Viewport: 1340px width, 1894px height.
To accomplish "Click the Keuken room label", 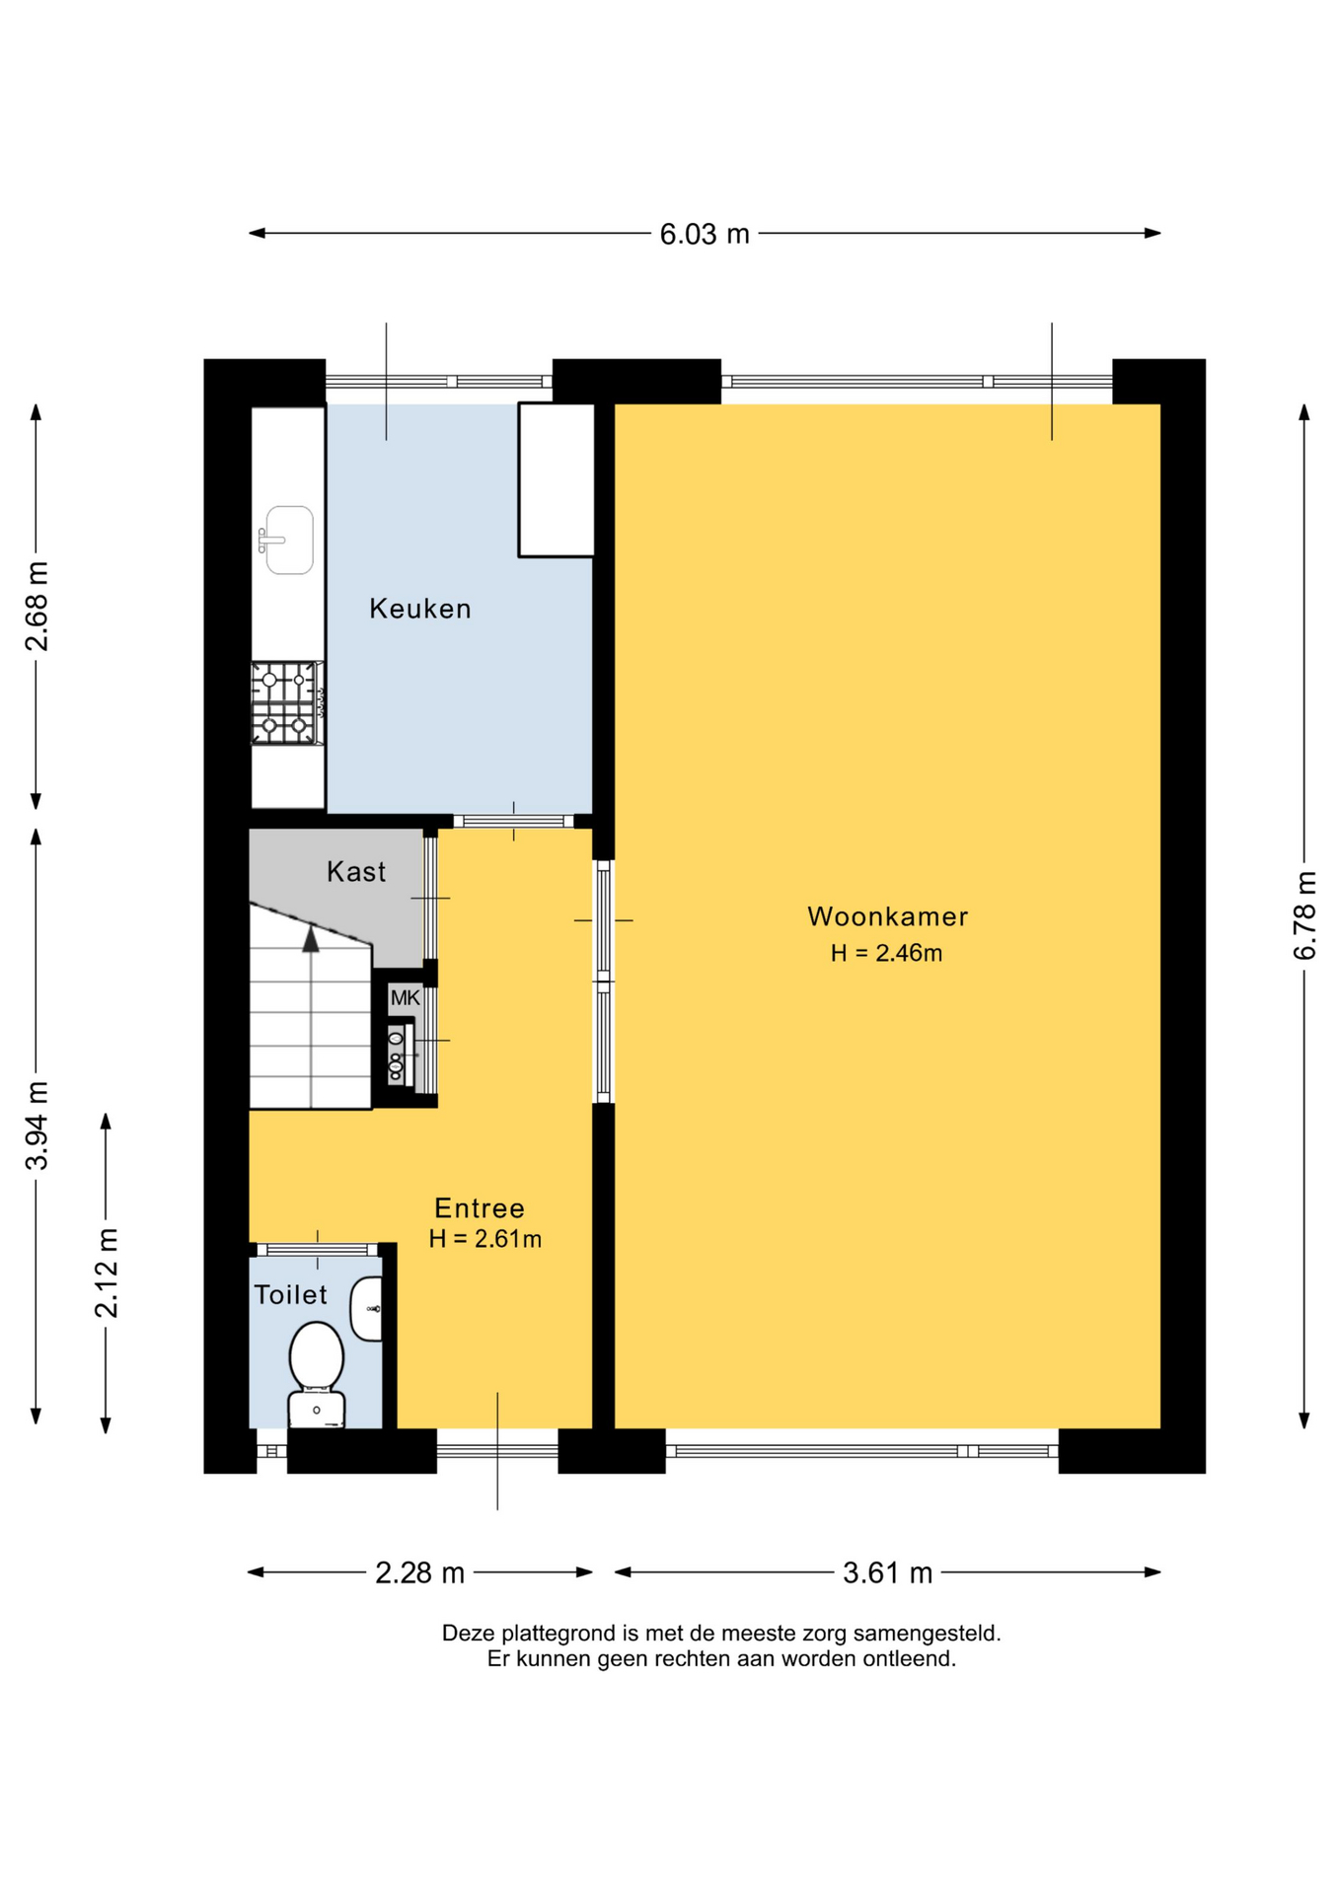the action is [420, 609].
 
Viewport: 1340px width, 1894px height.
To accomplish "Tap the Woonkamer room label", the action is [888, 916].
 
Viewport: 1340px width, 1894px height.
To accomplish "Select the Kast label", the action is [356, 872].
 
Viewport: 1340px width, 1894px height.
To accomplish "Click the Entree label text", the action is [480, 1208].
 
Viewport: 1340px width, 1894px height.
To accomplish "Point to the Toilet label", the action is [290, 1295].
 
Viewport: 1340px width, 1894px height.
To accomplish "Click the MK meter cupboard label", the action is [406, 998].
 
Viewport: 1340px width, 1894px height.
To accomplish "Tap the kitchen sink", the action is [287, 540].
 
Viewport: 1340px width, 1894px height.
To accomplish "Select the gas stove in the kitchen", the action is [287, 702].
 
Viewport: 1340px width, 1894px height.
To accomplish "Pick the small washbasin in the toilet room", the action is [367, 1309].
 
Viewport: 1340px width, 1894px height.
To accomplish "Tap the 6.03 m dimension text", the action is [705, 235].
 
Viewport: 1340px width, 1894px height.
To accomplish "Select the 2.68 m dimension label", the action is [37, 606].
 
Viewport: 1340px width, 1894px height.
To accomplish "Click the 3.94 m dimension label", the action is [37, 1126].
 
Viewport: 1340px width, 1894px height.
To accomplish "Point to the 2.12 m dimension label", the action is [106, 1273].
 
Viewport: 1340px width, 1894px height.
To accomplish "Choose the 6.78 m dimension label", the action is [1304, 915].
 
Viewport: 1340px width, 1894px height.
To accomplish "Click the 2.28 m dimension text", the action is [419, 1572].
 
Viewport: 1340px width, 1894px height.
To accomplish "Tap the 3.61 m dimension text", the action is [887, 1572].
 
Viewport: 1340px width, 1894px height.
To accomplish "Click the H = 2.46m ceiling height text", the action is [886, 953].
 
